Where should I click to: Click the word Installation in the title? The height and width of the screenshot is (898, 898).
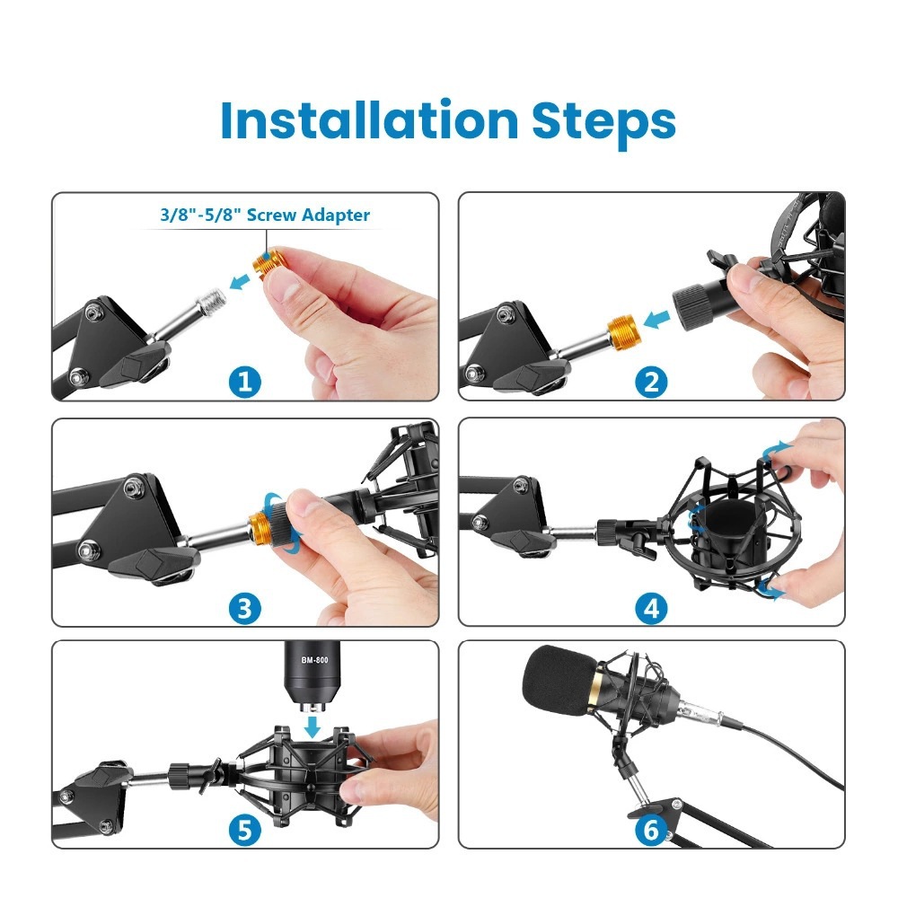(x=368, y=120)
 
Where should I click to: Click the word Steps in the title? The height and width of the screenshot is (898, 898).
(x=603, y=122)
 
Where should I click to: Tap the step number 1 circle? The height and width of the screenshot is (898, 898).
(x=245, y=383)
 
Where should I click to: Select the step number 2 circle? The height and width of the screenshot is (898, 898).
(x=651, y=383)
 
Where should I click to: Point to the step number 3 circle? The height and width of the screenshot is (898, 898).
(x=245, y=609)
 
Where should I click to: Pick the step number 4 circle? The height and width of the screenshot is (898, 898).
(x=651, y=609)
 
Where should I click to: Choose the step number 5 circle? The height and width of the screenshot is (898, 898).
(x=245, y=831)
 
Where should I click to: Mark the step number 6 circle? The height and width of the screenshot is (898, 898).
(x=651, y=831)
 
